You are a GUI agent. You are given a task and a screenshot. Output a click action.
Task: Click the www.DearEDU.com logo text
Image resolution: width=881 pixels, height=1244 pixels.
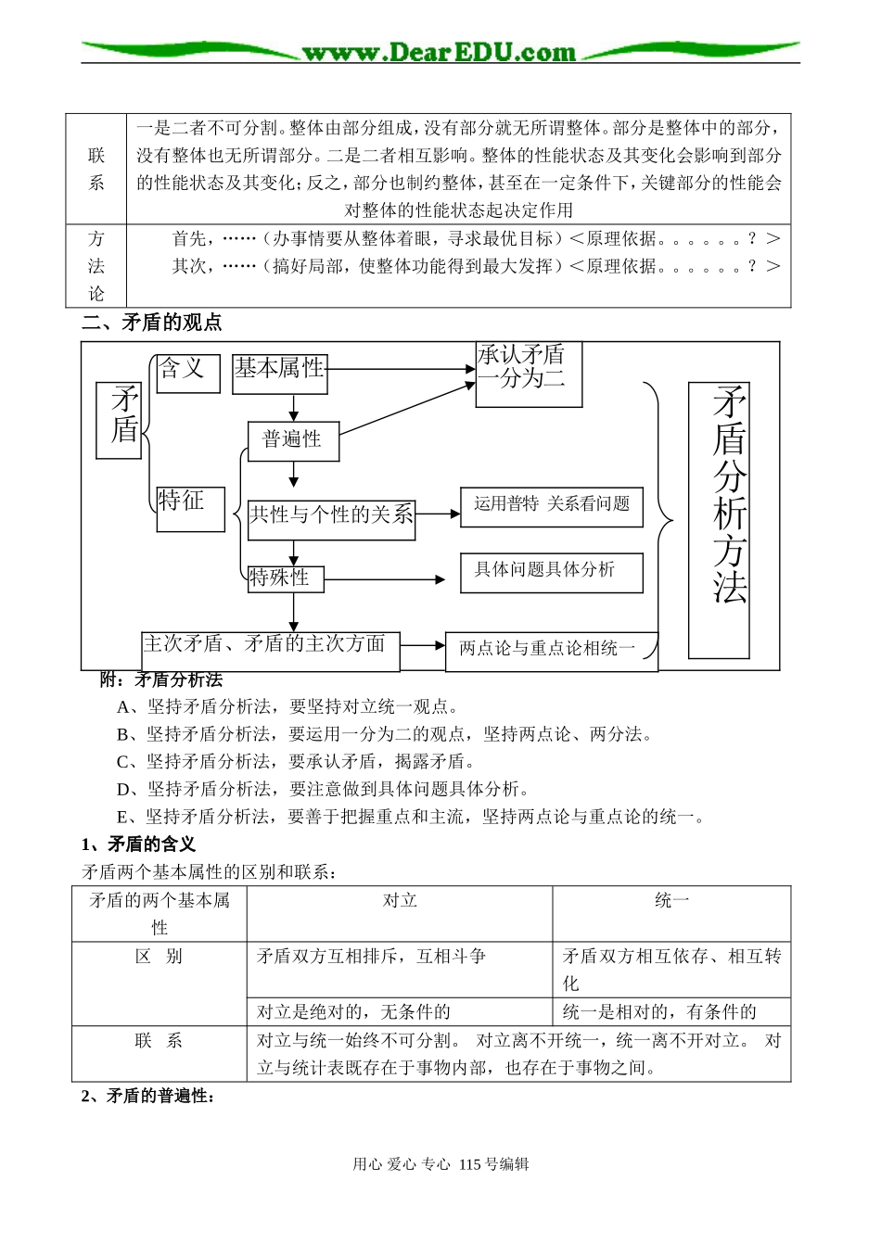(440, 52)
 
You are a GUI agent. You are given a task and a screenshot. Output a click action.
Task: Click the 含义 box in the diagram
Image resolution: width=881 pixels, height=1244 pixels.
(187, 373)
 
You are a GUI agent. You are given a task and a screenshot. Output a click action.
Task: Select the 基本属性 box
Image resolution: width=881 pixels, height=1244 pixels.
(279, 373)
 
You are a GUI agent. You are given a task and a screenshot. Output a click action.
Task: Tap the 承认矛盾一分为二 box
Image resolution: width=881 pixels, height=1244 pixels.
(529, 374)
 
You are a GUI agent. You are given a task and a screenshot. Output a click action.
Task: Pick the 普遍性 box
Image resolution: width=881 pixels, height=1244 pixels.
(293, 440)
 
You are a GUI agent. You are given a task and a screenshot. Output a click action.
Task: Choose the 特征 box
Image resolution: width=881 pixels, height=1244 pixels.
(190, 508)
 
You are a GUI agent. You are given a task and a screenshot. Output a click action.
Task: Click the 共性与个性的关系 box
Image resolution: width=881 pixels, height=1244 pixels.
(331, 519)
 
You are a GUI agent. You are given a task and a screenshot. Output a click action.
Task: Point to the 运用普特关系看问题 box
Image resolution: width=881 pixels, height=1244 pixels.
(552, 506)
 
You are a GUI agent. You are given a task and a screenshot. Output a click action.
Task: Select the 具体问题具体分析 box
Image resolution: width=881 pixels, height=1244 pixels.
(552, 572)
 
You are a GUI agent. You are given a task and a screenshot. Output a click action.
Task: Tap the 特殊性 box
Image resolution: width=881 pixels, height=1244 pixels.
(285, 579)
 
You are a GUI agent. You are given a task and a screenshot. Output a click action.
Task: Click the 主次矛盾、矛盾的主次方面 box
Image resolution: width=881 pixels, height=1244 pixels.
(270, 651)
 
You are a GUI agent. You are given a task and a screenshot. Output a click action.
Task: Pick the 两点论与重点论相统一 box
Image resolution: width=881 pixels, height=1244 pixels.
(551, 651)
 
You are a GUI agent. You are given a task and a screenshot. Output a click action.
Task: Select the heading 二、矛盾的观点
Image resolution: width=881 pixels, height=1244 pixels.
(152, 323)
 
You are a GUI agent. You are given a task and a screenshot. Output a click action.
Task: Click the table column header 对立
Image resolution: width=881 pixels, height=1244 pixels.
(400, 900)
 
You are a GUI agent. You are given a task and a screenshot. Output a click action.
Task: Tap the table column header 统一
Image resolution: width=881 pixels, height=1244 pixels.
(671, 900)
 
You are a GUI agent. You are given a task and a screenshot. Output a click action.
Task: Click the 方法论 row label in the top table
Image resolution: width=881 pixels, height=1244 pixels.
(96, 266)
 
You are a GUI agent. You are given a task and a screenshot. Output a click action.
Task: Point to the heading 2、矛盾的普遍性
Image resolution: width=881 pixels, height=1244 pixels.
(148, 1096)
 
